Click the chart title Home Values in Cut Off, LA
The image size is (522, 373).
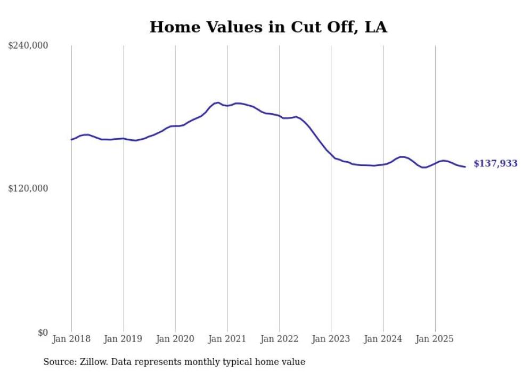click(x=268, y=27)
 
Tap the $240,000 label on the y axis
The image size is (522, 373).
click(x=28, y=46)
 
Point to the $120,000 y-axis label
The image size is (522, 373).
click(x=28, y=189)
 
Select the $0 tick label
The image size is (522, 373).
click(x=43, y=332)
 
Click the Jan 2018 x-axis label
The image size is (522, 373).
click(x=71, y=339)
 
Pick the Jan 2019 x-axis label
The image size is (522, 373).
click(x=124, y=339)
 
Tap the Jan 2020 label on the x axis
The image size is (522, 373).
click(x=175, y=339)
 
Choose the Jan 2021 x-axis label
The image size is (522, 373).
click(x=227, y=339)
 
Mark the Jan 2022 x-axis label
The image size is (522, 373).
click(x=279, y=339)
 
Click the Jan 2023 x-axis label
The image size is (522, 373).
click(x=331, y=339)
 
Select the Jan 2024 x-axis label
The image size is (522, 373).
click(x=383, y=339)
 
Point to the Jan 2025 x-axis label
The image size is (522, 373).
click(x=435, y=339)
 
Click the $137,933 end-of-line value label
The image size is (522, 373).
click(x=495, y=164)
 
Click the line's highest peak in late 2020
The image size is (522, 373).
click(x=218, y=102)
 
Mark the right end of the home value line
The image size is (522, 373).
click(x=465, y=167)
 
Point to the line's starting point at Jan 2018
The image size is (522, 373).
click(x=71, y=139)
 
